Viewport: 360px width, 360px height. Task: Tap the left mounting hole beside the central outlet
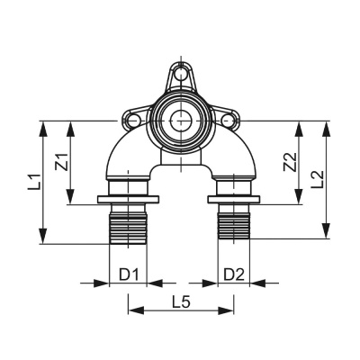pos(137,118)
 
